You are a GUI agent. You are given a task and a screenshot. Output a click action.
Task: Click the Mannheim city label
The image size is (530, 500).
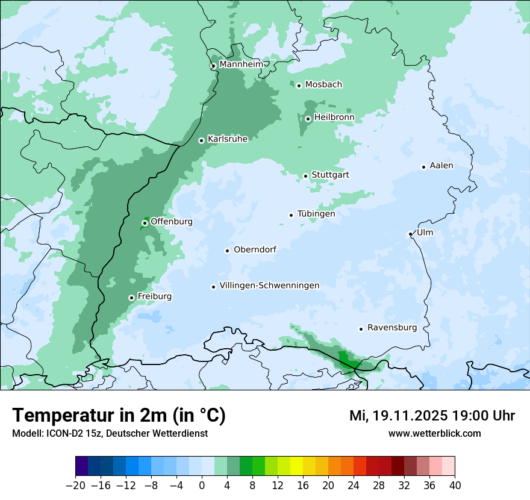[x=241, y=64]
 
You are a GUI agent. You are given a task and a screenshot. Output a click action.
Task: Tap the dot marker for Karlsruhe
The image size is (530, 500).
[x=202, y=140]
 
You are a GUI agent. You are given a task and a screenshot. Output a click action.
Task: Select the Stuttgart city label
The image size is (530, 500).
[x=330, y=175]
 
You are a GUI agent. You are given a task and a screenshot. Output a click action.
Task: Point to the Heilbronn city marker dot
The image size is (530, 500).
[x=308, y=119]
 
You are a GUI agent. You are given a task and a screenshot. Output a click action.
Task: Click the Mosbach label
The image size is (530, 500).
[x=323, y=84]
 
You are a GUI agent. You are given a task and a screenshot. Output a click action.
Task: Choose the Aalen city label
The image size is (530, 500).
[x=441, y=166]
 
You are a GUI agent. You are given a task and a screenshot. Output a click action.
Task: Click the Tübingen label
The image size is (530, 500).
[x=316, y=214]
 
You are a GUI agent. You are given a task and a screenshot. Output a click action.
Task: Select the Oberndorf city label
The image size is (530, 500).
[x=255, y=249]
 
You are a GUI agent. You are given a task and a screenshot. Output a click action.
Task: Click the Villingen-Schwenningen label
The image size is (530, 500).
[x=269, y=286]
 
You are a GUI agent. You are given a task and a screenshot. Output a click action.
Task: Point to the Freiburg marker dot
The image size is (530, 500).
[x=131, y=298]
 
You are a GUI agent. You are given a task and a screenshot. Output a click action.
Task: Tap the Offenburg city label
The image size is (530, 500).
[x=172, y=222]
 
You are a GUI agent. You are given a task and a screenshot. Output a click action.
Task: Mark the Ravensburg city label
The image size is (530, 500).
[x=392, y=328]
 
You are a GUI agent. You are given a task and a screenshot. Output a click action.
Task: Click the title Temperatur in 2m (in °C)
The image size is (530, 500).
[x=119, y=416]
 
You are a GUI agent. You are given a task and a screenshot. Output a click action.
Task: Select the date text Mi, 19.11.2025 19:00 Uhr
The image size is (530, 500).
[x=432, y=416]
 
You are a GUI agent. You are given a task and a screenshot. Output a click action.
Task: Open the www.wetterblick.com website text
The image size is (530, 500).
[x=434, y=433]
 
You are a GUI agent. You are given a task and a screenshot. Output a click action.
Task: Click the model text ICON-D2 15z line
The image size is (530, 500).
[x=110, y=433]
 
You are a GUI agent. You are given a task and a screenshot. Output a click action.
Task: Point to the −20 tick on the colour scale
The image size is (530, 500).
[x=76, y=485]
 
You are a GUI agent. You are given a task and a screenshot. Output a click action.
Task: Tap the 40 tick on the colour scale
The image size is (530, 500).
[x=455, y=485]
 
